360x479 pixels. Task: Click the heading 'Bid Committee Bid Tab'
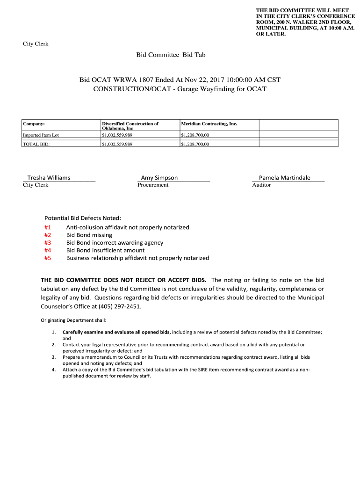coord(171,55)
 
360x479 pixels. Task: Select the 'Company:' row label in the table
coord(34,124)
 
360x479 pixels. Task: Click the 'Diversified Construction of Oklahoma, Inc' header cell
coord(130,126)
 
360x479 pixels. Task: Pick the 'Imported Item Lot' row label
coord(41,135)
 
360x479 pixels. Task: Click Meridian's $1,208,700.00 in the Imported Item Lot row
coord(195,135)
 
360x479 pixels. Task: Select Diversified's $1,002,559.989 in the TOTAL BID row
coord(117,144)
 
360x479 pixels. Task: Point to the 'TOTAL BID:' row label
coord(36,144)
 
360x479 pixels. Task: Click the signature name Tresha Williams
coord(49,178)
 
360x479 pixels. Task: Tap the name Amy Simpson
coord(159,178)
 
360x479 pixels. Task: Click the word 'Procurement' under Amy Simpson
coord(153,185)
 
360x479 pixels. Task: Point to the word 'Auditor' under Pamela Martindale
coord(261,185)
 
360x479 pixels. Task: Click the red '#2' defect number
coord(48,235)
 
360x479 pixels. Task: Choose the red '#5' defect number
coord(48,258)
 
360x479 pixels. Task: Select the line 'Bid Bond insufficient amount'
coord(105,250)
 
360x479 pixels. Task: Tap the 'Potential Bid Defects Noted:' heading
coord(82,218)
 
